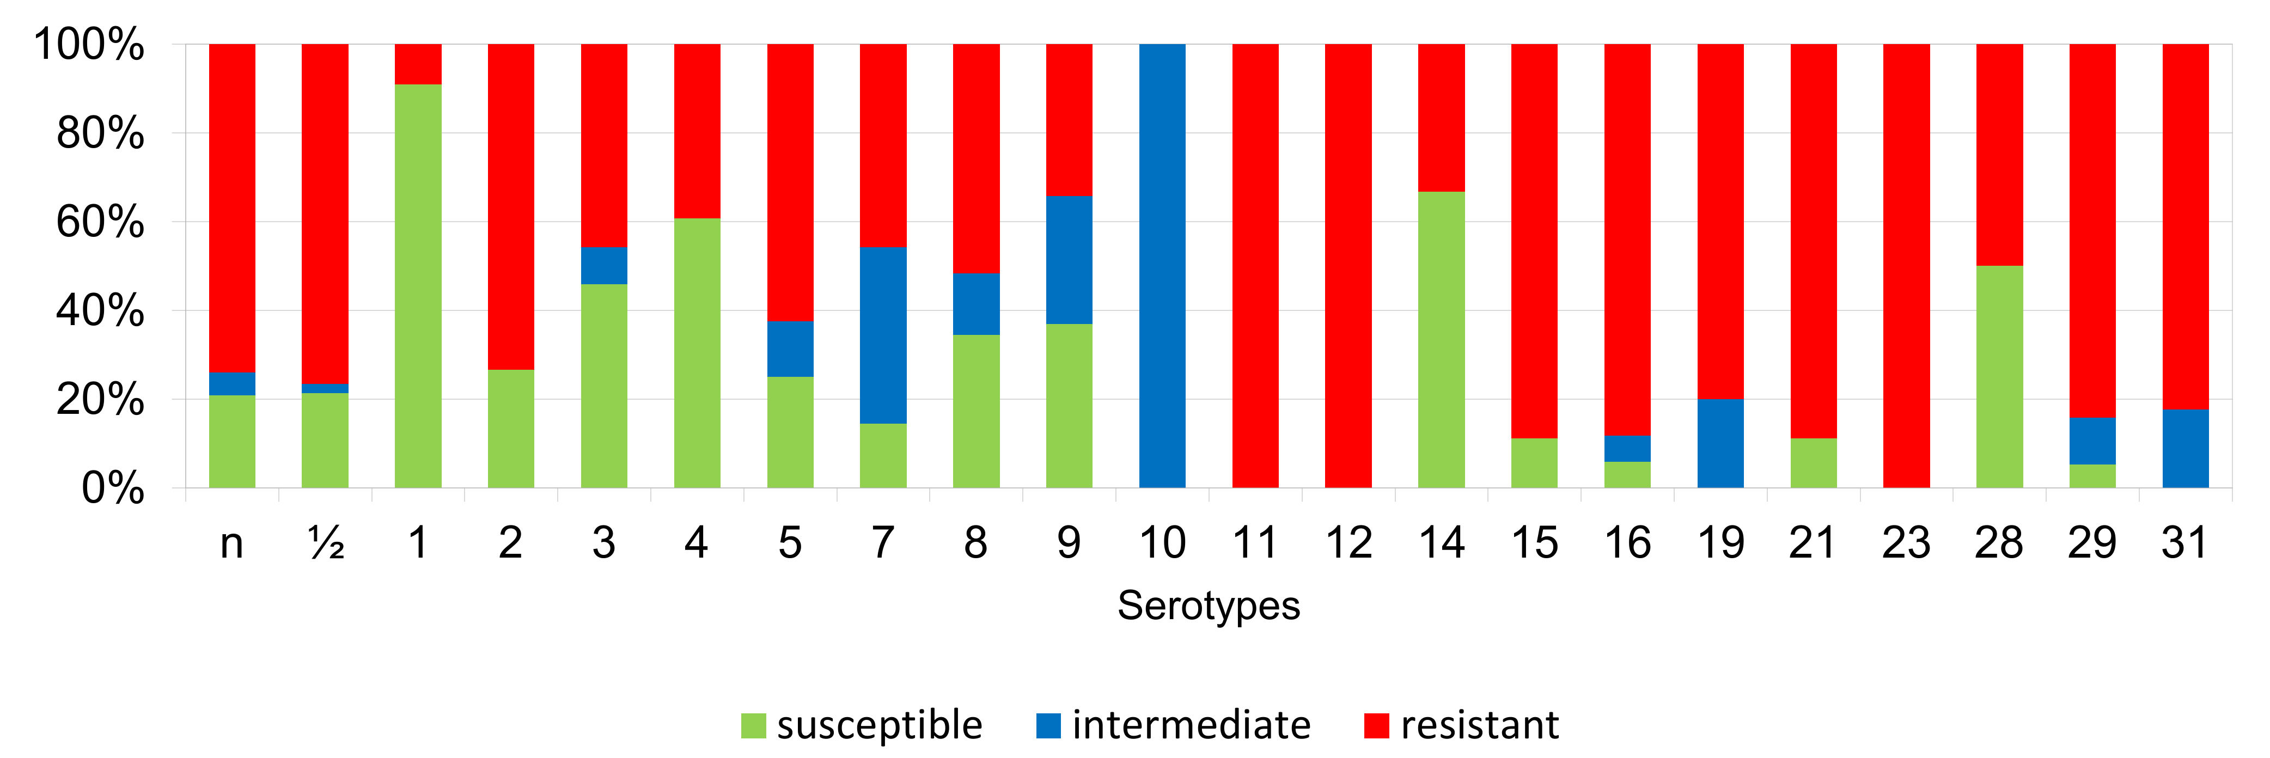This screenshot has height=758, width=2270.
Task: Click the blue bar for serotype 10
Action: pos(1162,265)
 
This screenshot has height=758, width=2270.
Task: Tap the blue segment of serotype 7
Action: pos(883,335)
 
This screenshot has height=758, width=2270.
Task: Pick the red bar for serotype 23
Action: pos(1906,265)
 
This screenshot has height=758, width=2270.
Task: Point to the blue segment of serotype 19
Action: pos(1720,443)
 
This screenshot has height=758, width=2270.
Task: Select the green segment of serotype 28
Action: pos(1999,376)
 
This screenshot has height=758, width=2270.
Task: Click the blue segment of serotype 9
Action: pos(1069,260)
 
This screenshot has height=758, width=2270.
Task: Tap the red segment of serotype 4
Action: pos(697,131)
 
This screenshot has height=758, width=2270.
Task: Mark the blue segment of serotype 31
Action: pos(2186,449)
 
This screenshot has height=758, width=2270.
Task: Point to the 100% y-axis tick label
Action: pos(88,44)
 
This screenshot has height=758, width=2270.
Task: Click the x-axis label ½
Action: pos(325,543)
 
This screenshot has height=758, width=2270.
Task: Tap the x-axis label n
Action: pos(232,543)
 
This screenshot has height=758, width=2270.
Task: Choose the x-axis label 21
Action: pos(1813,543)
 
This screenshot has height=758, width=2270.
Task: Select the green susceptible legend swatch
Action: pos(753,725)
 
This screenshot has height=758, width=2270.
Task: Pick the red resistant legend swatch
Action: pos(1376,725)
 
